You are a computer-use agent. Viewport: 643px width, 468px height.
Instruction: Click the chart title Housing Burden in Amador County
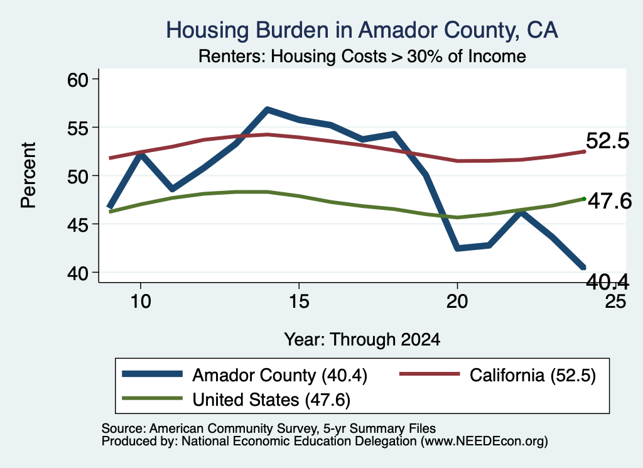point(362,31)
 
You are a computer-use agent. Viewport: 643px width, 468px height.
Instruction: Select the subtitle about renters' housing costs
point(362,56)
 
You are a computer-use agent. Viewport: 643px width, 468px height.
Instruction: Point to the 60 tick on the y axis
point(78,80)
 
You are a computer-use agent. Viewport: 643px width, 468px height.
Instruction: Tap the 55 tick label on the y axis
point(78,128)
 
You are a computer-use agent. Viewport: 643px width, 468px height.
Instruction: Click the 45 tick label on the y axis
point(78,225)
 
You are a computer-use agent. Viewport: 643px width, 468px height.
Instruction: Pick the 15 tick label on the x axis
point(299,302)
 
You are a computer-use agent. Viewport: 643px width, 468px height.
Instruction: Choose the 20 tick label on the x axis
point(457,302)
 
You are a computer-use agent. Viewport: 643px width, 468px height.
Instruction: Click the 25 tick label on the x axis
point(615,302)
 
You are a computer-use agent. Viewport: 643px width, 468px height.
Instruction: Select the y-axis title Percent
point(28,175)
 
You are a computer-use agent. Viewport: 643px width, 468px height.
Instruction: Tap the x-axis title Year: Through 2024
point(362,340)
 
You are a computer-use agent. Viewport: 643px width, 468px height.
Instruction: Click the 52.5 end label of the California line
point(607,141)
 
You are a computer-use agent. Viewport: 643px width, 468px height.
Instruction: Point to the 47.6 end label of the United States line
point(610,202)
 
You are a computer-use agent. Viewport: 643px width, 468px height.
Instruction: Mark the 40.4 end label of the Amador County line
point(607,281)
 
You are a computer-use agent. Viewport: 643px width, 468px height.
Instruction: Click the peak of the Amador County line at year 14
point(267,109)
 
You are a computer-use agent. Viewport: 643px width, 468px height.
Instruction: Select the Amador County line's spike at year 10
point(141,155)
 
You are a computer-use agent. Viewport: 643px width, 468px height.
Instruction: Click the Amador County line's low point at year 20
point(457,248)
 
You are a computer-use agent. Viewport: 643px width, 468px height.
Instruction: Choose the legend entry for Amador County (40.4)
point(245,375)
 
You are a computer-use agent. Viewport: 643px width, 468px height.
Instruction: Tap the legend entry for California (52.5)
point(497,375)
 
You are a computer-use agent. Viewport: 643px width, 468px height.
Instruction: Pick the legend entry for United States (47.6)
point(236,400)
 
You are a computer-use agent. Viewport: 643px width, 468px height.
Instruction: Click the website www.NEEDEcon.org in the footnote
point(484,442)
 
